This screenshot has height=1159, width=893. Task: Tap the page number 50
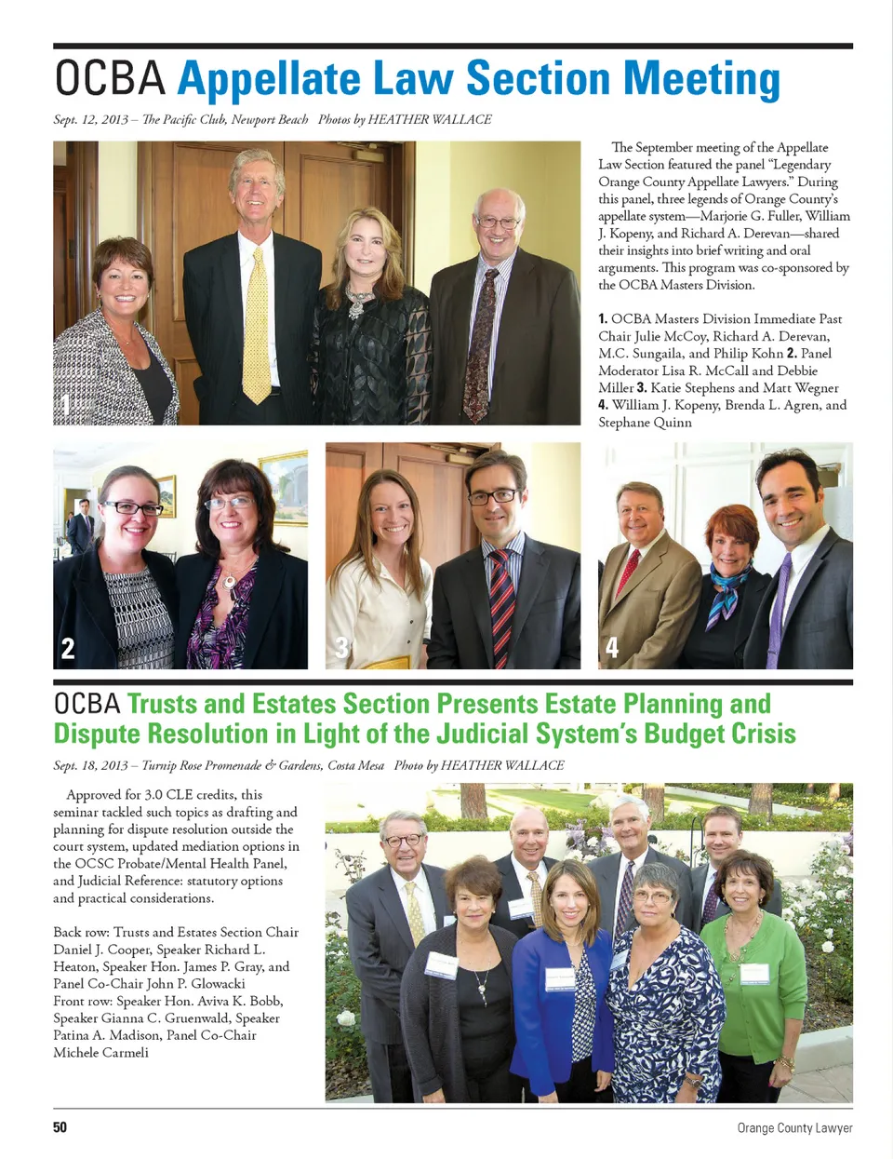point(60,1127)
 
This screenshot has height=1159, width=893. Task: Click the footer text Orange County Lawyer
point(794,1127)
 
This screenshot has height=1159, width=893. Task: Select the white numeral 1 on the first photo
point(65,404)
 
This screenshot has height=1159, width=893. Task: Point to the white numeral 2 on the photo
point(67,648)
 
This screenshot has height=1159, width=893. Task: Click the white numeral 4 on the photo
point(612,647)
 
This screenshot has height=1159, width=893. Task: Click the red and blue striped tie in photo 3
point(501,605)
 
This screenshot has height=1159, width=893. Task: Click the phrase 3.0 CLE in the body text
point(173,794)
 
